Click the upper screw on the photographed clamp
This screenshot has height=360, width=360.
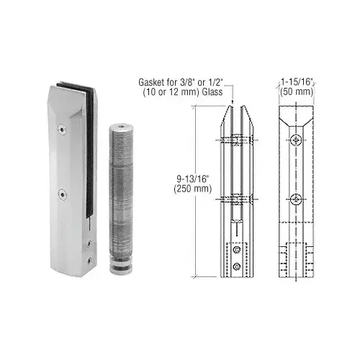click(x=62, y=130)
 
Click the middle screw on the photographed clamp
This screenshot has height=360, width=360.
click(x=63, y=194)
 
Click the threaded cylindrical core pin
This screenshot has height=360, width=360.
click(x=121, y=199)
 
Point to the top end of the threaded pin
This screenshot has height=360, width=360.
click(x=121, y=127)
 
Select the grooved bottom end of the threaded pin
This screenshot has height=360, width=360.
click(x=121, y=266)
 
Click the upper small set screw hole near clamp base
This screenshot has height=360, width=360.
click(x=89, y=243)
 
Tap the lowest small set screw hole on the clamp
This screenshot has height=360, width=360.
click(x=90, y=260)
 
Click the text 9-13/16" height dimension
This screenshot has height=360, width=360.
click(x=193, y=179)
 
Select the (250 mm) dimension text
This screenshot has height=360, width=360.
click(x=193, y=189)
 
